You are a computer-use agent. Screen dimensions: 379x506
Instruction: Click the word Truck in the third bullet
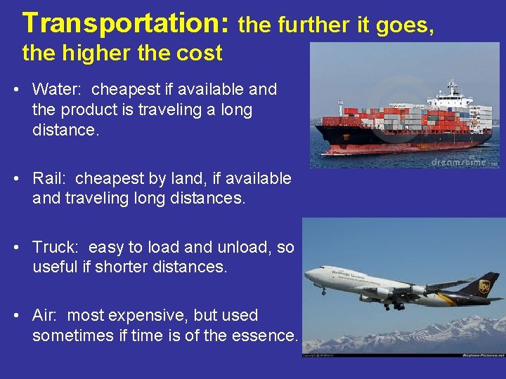(56, 247)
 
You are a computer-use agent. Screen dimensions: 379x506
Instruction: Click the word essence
(264, 336)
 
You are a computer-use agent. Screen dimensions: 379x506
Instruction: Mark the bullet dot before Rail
(16, 179)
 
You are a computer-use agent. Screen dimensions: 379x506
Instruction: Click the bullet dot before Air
(16, 316)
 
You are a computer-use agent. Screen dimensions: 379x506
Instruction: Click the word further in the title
(308, 26)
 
